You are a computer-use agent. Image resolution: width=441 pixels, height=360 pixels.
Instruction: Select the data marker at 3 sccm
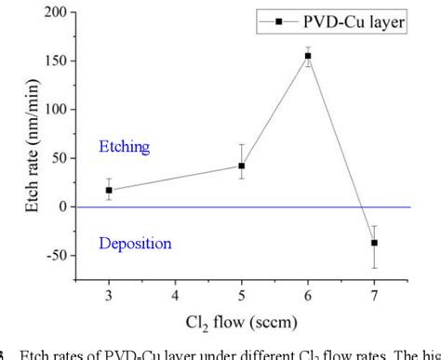tap(109, 190)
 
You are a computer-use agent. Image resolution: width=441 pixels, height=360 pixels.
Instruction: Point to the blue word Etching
tap(125, 147)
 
